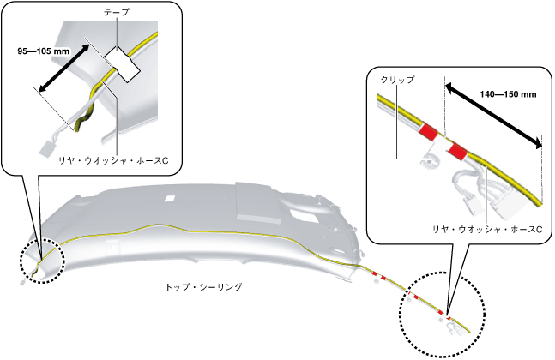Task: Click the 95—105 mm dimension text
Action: pos(44,51)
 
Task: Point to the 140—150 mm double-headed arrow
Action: pos(494,111)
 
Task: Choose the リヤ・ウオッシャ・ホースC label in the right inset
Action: pos(487,231)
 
